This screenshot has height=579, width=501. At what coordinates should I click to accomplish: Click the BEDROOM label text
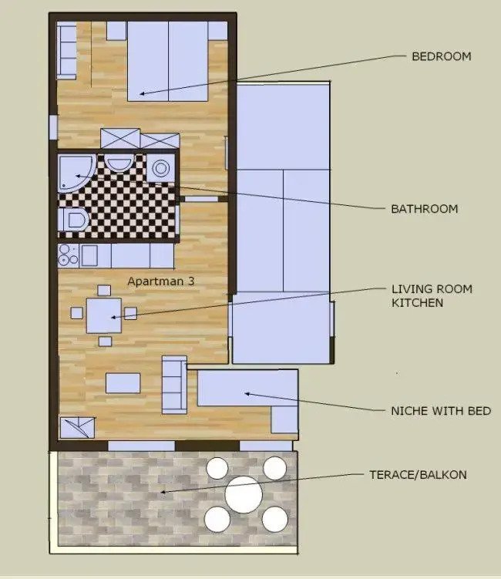(x=441, y=56)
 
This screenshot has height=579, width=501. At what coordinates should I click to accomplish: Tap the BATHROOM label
(x=424, y=209)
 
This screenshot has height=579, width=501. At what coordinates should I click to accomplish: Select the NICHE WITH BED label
(x=441, y=411)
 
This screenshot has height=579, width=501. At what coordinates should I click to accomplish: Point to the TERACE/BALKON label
(x=418, y=475)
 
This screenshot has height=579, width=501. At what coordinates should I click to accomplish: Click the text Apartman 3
(x=160, y=281)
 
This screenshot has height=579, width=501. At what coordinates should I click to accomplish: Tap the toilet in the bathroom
(x=74, y=221)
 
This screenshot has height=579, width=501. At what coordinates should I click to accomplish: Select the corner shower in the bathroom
(x=76, y=173)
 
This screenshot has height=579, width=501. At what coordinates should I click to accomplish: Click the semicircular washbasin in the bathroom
(x=119, y=163)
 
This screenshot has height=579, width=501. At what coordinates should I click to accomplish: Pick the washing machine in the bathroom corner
(x=161, y=167)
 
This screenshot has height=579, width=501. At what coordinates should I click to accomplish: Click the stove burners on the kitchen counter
(x=67, y=255)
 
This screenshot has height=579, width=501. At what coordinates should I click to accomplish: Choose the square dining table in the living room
(x=104, y=315)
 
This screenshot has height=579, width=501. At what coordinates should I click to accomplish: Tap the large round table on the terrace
(x=244, y=494)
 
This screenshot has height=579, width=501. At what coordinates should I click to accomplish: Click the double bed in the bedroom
(x=167, y=62)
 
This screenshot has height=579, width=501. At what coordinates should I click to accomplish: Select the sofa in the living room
(x=173, y=384)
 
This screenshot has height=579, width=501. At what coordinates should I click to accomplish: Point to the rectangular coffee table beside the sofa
(x=123, y=382)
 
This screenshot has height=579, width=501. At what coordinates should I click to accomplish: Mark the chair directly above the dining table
(x=104, y=290)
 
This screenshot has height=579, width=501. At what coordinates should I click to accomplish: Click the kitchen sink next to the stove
(x=89, y=255)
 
